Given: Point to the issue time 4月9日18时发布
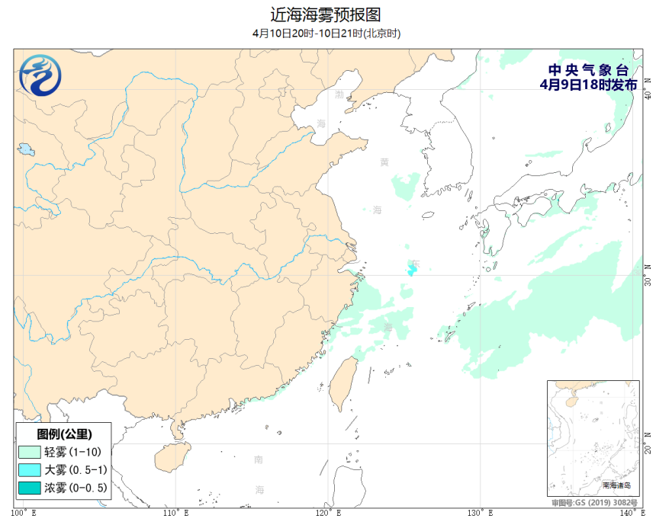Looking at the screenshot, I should tap(587, 85).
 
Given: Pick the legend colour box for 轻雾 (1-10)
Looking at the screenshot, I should tap(29, 452).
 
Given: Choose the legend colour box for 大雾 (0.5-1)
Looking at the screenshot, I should tap(29, 469).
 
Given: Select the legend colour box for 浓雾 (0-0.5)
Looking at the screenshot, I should tap(29, 487).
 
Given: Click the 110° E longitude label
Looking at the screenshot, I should tap(176, 512).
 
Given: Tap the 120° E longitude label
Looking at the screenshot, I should tap(329, 512).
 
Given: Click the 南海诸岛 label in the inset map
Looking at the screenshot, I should tap(616, 485).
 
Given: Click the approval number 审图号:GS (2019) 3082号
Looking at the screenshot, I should tap(593, 504).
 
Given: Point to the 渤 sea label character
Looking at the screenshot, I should tap(339, 94).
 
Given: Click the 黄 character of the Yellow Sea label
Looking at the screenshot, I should tap(384, 162).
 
